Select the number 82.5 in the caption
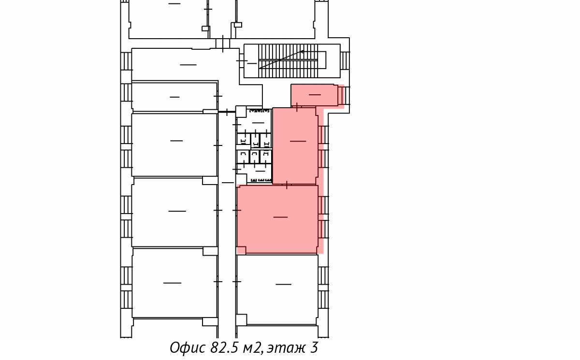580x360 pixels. [x=224, y=347]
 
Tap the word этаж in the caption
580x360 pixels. [x=286, y=348]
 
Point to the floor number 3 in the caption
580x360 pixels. [x=314, y=347]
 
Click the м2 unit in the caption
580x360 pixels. [x=252, y=347]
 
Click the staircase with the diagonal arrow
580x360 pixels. [x=292, y=61]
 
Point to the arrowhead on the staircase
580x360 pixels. [x=302, y=52]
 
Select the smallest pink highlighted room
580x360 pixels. [x=314, y=95]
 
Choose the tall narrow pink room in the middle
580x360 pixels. [x=295, y=146]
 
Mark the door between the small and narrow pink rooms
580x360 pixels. [x=297, y=107]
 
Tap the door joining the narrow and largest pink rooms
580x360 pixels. [x=287, y=185]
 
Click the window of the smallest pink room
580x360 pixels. [x=344, y=96]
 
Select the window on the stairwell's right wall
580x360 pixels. [x=345, y=60]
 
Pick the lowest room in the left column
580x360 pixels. [x=174, y=283]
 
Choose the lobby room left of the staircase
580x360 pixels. [x=186, y=64]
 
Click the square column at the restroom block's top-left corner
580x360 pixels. [x=241, y=111]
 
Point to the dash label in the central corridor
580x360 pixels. [x=228, y=183]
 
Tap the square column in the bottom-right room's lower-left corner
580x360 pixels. [x=241, y=320]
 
